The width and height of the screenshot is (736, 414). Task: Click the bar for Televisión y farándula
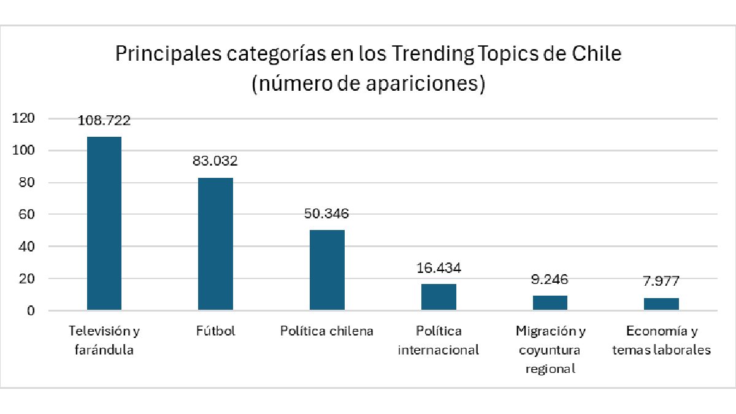coord(104,223)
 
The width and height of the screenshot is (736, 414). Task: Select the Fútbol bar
coord(215,244)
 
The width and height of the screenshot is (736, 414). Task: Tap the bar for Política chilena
coord(327,270)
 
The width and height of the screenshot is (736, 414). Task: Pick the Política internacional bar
coord(439,297)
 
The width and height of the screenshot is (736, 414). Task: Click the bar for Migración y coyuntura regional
coord(550,303)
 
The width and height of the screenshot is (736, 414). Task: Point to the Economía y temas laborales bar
coord(661,304)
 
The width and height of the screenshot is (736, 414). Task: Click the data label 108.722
coord(104,120)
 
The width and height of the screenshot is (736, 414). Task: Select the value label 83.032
coord(215,161)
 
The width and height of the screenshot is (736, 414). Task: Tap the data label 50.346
coord(327,213)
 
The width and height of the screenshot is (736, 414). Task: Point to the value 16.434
coord(439,268)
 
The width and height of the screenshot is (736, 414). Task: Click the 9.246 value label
coord(550,280)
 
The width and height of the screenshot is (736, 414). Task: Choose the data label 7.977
coord(661,282)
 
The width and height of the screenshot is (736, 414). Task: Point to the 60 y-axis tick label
coord(26,215)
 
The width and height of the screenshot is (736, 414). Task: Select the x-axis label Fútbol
coord(215,331)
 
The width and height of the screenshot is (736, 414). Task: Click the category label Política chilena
coord(327,331)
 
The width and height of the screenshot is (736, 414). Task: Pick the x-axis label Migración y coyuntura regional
coord(550,350)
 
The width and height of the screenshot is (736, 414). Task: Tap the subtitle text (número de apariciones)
coord(368,83)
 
